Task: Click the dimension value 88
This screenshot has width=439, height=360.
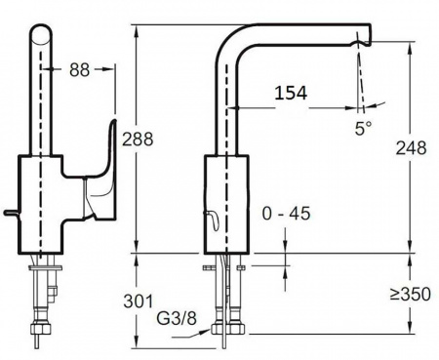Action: point(79,69)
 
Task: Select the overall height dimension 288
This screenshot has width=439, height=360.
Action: point(138,140)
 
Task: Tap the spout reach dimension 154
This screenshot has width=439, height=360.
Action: point(291,93)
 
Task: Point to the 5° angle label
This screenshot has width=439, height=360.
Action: point(363,128)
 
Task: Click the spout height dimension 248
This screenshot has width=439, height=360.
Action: point(411,148)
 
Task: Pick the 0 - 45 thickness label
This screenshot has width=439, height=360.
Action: point(286,214)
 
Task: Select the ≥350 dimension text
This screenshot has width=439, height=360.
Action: point(411,295)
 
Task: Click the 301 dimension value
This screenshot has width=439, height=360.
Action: point(139,301)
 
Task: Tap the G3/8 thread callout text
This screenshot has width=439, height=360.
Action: point(177,318)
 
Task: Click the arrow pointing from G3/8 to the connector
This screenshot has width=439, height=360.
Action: point(192,334)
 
